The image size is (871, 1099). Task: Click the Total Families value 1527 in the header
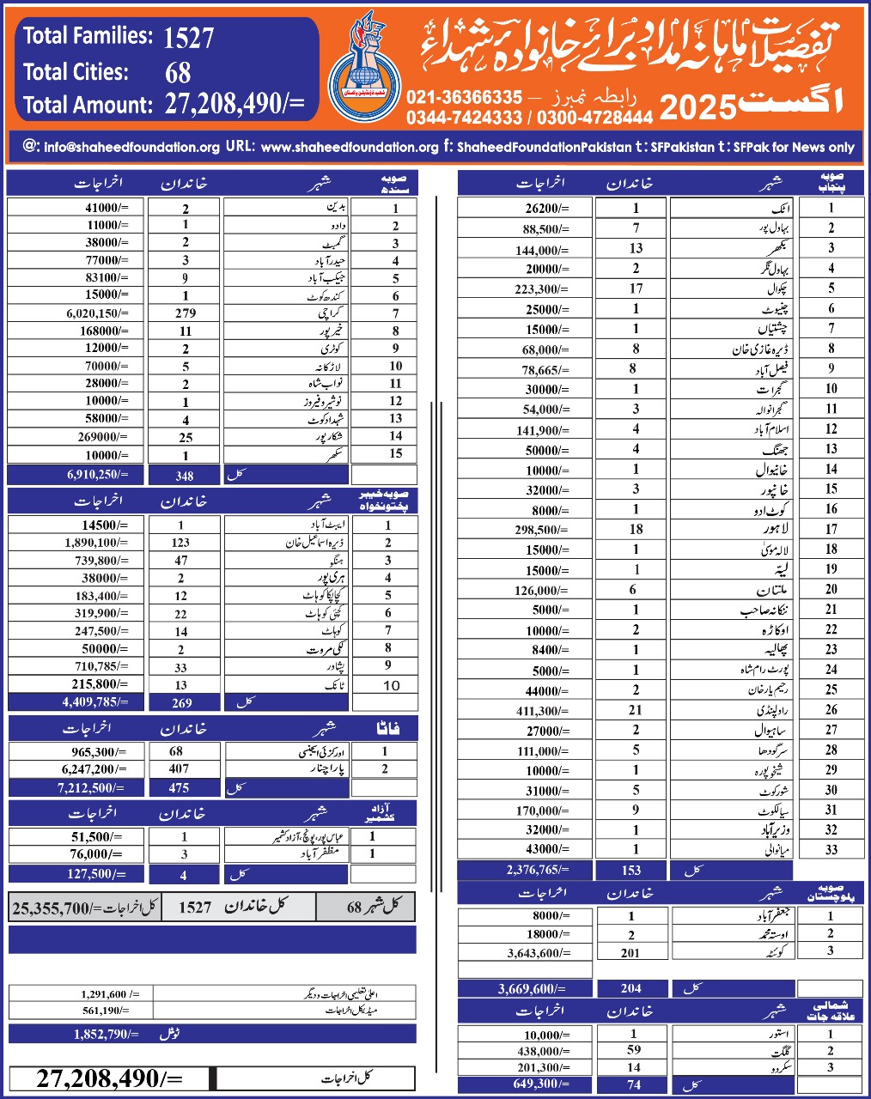point(188,38)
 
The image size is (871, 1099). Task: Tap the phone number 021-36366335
point(464,97)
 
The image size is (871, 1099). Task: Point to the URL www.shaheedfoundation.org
point(350,147)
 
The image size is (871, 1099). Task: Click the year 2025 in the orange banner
point(697,107)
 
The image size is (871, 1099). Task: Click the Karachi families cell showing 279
point(185,313)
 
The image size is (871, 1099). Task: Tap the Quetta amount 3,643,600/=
point(538,952)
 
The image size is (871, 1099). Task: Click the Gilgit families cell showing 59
point(634,1049)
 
